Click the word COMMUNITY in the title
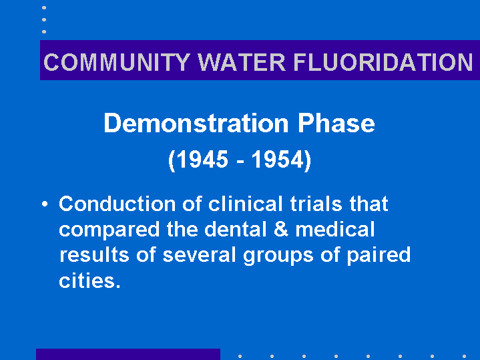click(117, 62)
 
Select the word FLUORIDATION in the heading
click(383, 62)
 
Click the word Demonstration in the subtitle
click(196, 123)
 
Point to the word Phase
click(336, 123)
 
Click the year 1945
click(202, 160)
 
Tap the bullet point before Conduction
click(45, 204)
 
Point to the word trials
click(316, 204)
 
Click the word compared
click(109, 230)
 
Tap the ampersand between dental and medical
click(281, 229)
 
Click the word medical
click(335, 229)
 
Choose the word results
click(94, 255)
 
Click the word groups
click(278, 256)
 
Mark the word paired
click(379, 256)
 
